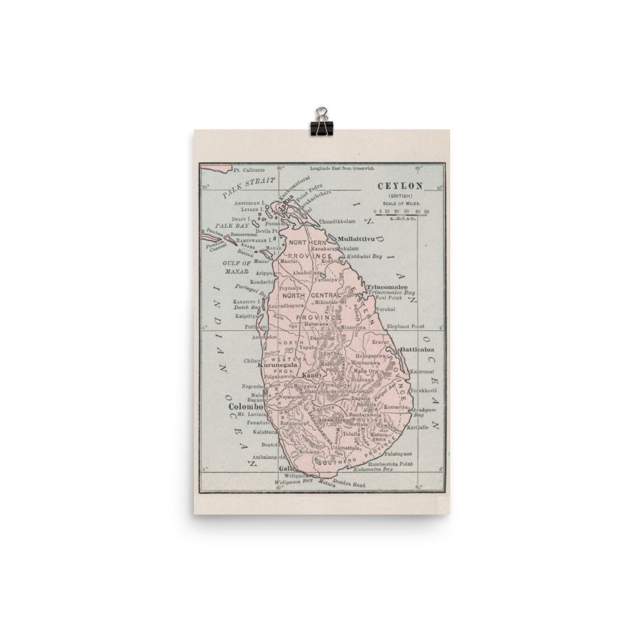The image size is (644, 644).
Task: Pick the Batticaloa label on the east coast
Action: [x=417, y=350]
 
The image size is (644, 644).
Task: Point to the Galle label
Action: [x=285, y=469]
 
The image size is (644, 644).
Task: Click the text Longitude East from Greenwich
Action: [x=341, y=169]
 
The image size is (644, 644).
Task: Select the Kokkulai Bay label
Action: [x=365, y=256]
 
